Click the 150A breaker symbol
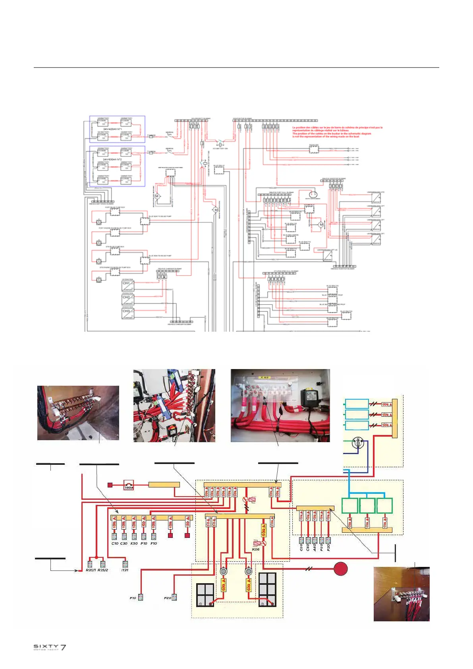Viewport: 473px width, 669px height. pyautogui.click(x=129, y=485)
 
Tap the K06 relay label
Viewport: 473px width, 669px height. pyautogui.click(x=256, y=549)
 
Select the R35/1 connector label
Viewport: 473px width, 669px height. pyautogui.click(x=91, y=570)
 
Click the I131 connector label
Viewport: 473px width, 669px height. pyautogui.click(x=125, y=570)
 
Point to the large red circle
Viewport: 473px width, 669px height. pyautogui.click(x=340, y=568)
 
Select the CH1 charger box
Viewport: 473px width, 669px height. pyautogui.click(x=128, y=286)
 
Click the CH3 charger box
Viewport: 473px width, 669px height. pyautogui.click(x=128, y=313)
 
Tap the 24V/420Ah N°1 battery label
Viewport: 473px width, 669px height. pyautogui.click(x=112, y=129)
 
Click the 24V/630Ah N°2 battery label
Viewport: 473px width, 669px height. pyautogui.click(x=112, y=159)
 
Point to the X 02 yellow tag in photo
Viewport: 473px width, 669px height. pyautogui.click(x=264, y=377)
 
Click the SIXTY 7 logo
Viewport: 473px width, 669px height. pyautogui.click(x=50, y=647)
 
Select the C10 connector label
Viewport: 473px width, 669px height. pyautogui.click(x=115, y=543)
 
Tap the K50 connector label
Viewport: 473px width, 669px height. pyautogui.click(x=134, y=543)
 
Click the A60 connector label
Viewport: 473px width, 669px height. pyautogui.click(x=315, y=547)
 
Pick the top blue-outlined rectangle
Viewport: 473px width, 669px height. pyautogui.click(x=357, y=404)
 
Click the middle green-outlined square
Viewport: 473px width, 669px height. pyautogui.click(x=367, y=506)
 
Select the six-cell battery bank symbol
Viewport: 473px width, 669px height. pyautogui.click(x=267, y=589)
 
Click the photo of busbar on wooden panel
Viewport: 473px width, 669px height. pyautogui.click(x=402, y=594)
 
